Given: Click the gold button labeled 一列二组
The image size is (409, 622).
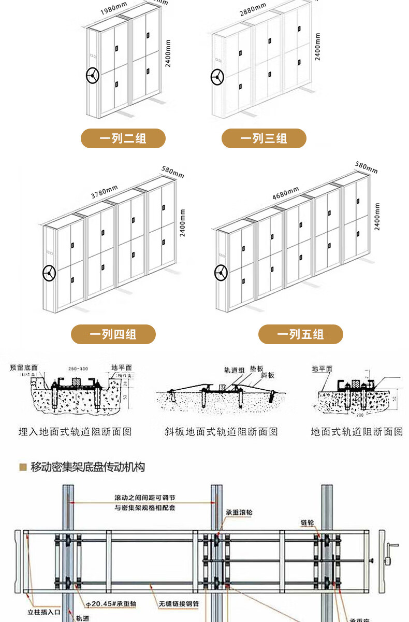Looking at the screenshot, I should click(x=123, y=138).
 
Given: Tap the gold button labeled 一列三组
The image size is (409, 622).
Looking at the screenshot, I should click(x=264, y=138).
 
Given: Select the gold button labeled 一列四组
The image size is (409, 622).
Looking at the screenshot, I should click(x=113, y=334).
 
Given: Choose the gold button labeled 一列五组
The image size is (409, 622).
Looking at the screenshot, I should click(x=300, y=334).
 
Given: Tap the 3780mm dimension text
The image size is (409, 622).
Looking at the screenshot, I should click(x=105, y=192).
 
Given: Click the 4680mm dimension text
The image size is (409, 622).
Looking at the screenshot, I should click(x=286, y=193).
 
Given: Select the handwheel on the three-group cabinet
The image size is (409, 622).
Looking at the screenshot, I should click(x=217, y=78).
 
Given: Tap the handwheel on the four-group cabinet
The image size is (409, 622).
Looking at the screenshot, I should click(x=49, y=273).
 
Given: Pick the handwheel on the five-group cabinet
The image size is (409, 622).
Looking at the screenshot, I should click(x=221, y=272).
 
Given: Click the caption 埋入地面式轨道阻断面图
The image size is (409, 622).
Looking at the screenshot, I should click(x=75, y=431).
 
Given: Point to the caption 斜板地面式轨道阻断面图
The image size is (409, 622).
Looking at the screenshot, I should click(x=221, y=431).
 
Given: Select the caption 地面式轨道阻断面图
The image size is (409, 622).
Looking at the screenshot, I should click(x=357, y=431).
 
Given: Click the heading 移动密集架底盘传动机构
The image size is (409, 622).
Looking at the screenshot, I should click(x=87, y=467).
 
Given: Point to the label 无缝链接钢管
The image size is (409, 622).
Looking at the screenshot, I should click(x=179, y=603).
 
